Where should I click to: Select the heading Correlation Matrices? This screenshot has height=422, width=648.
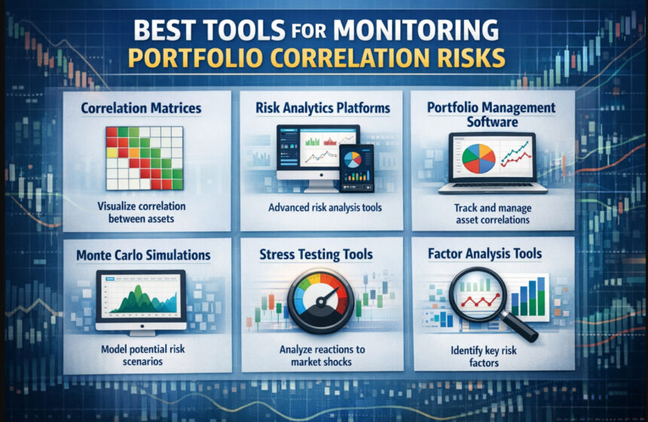[142, 109]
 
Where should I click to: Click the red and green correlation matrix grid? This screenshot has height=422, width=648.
[144, 157]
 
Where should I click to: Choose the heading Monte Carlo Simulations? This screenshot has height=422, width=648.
[143, 255]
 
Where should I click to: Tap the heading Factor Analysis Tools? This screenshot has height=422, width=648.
[493, 254]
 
